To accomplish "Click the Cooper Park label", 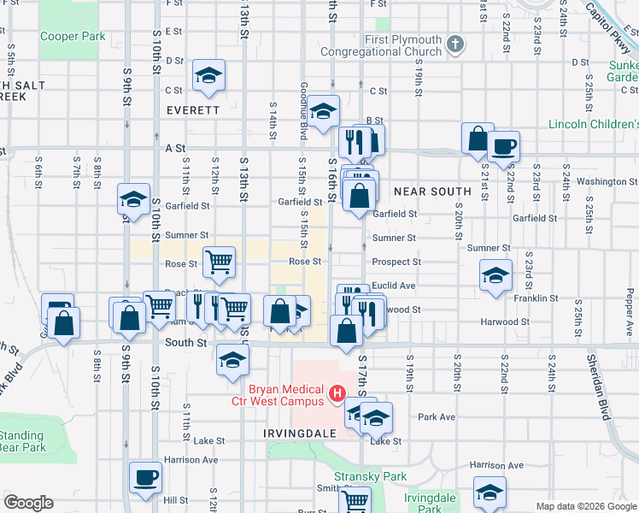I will click(73, 37).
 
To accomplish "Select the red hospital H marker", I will click(337, 394).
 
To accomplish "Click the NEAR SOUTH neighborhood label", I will click(432, 192).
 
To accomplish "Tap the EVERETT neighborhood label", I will click(193, 110).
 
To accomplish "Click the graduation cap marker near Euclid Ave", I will click(495, 275).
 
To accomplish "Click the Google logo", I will click(29, 504).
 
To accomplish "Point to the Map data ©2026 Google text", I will click(585, 506).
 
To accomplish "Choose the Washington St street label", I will click(601, 181).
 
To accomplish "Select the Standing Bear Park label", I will click(23, 441).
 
